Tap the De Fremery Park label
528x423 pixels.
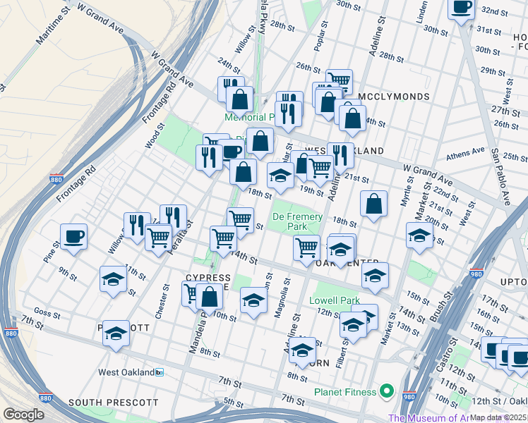[297, 222]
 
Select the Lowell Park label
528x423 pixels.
[335, 300]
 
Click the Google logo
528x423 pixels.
[23, 415]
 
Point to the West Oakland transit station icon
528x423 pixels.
[160, 372]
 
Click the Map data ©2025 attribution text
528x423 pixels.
[498, 417]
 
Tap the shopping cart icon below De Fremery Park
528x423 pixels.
[306, 247]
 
